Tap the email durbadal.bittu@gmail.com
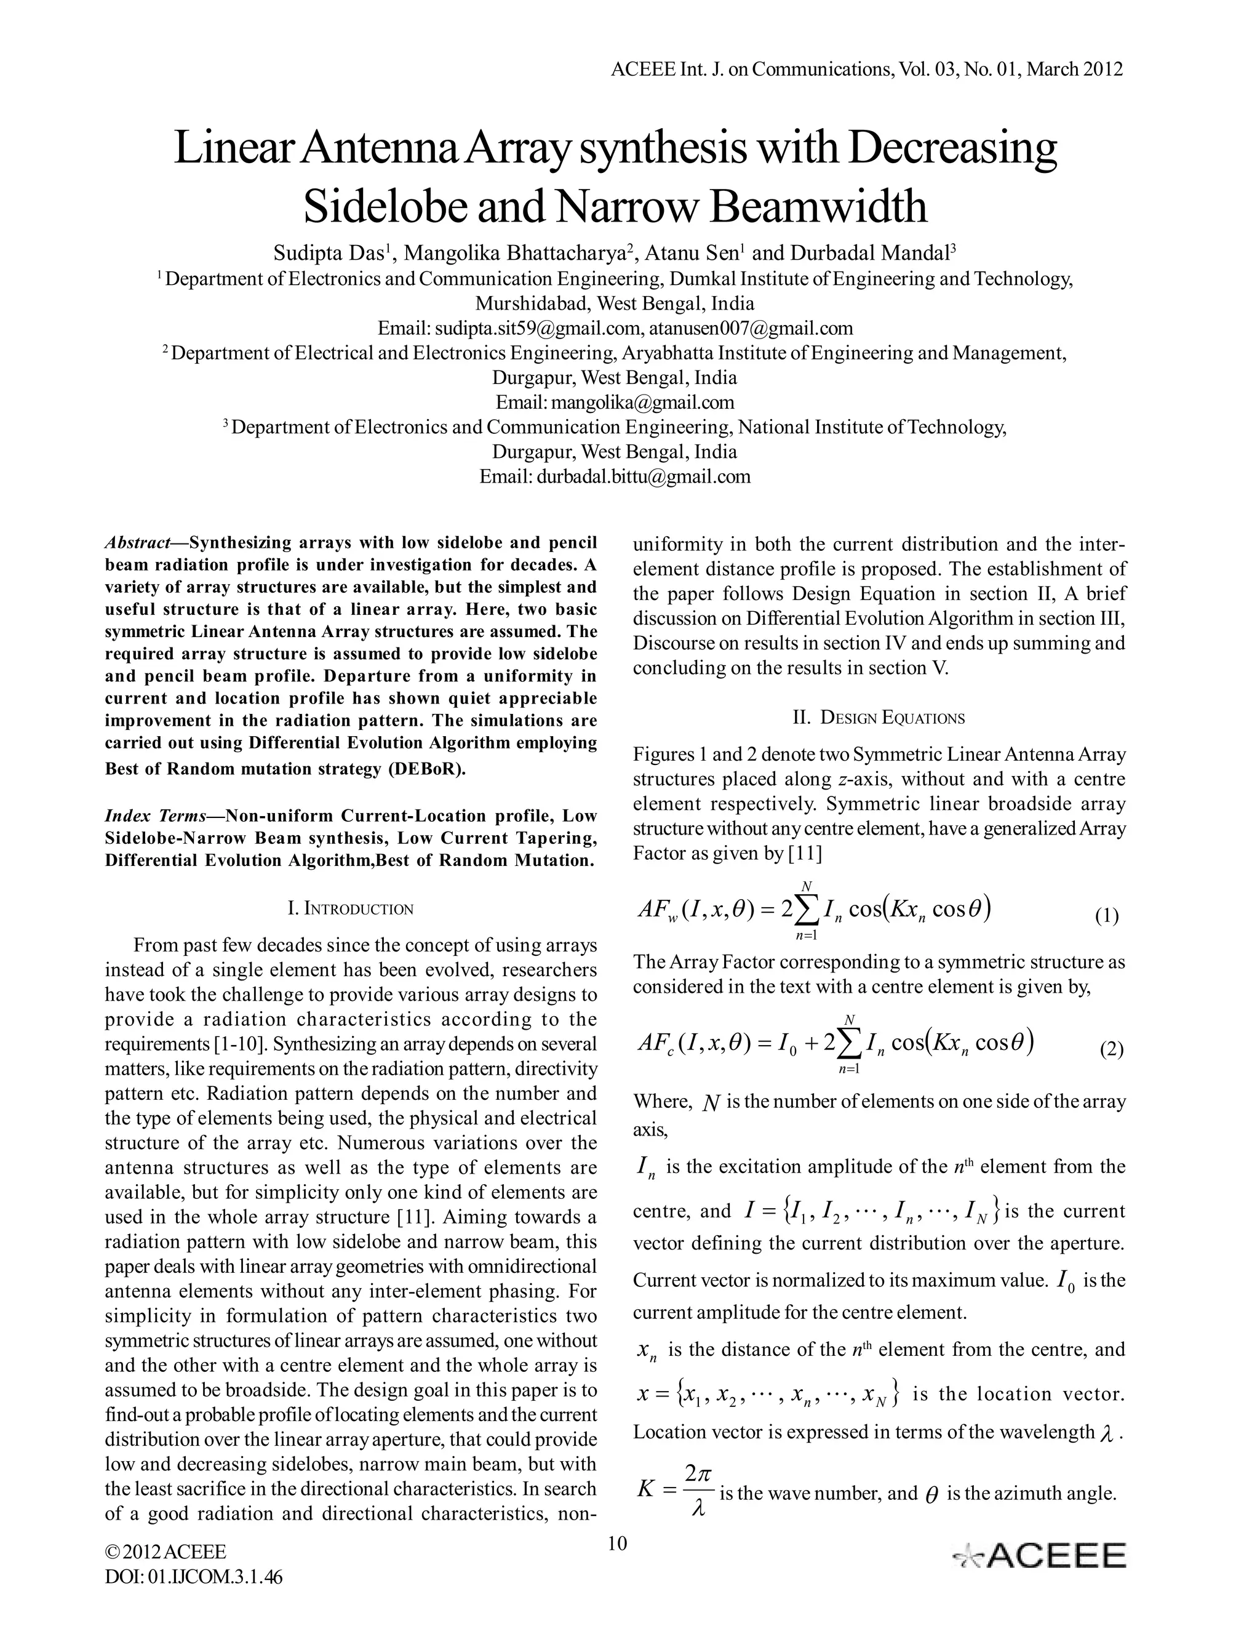click(x=644, y=476)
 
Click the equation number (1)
click(x=1107, y=916)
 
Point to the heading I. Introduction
click(x=350, y=909)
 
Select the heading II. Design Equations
click(x=879, y=718)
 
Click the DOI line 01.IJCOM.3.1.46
click(x=193, y=1578)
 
